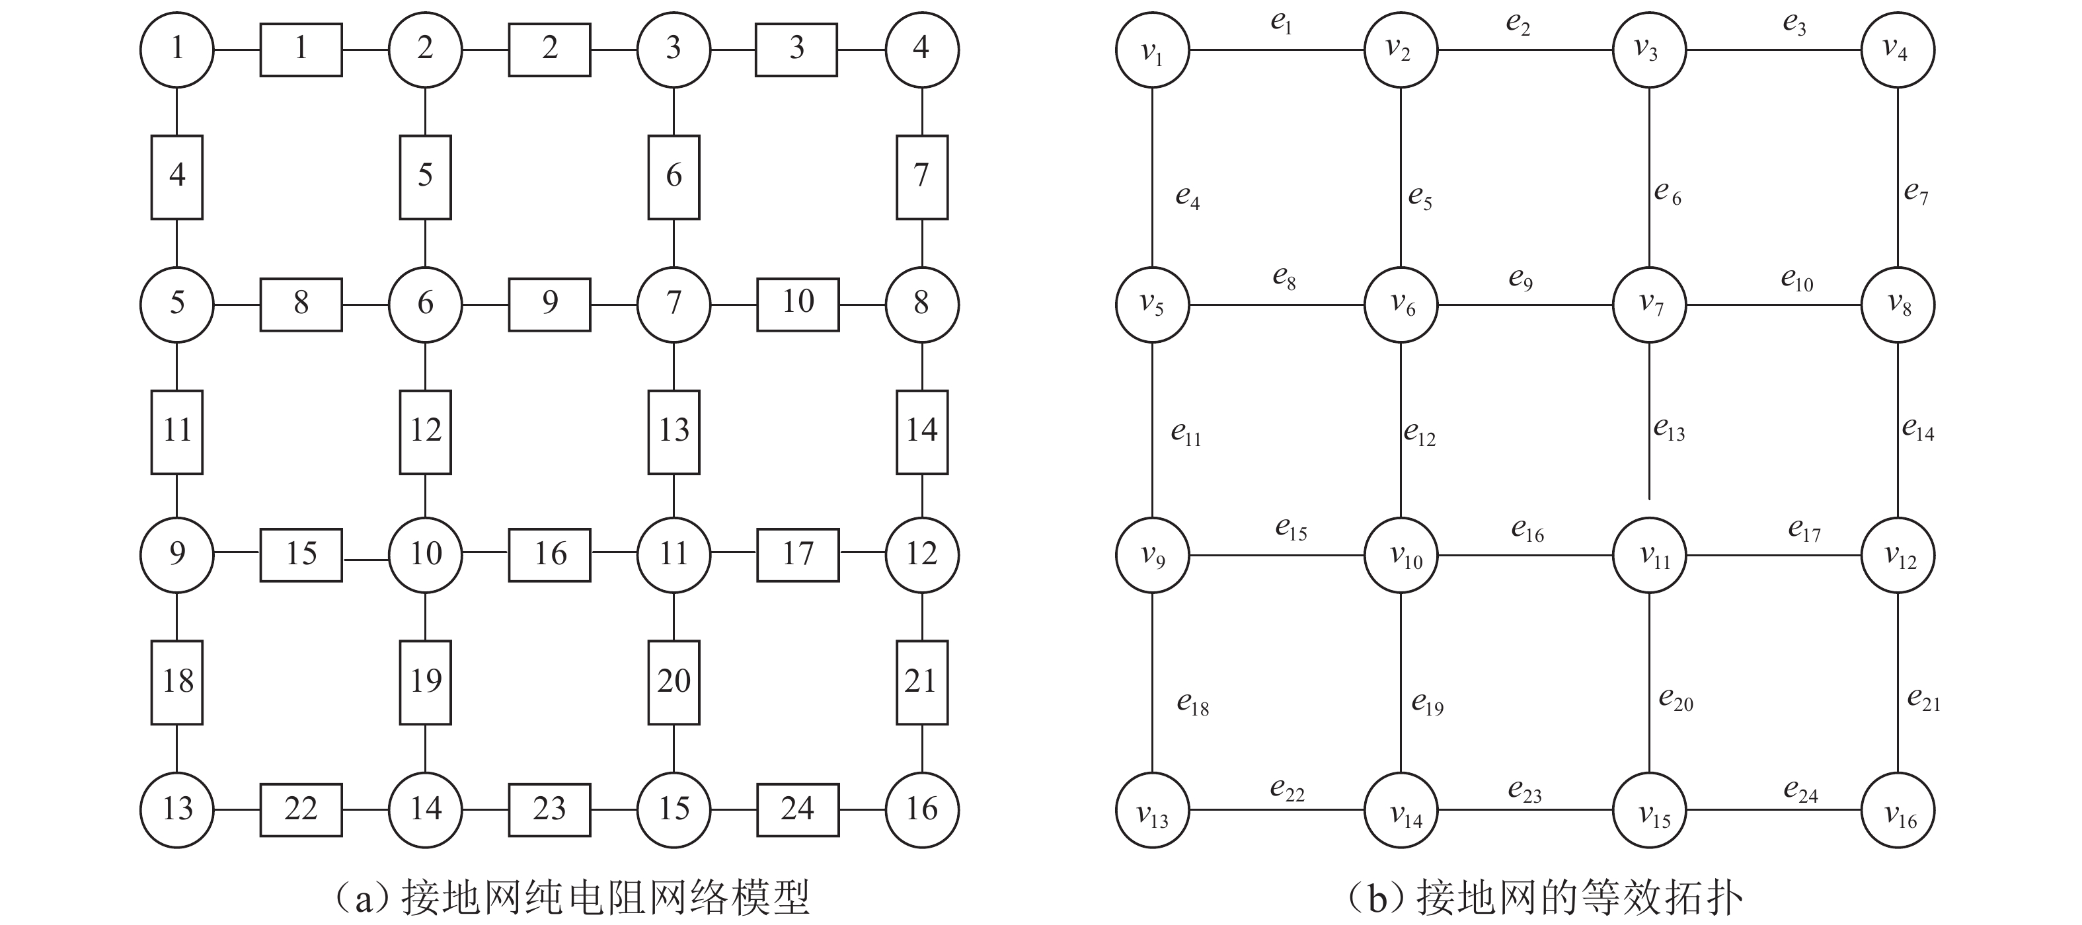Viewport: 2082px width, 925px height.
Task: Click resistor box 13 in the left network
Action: coord(674,431)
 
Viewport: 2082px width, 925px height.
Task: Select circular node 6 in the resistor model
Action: coord(425,305)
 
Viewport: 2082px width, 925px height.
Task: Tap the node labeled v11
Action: coord(1650,555)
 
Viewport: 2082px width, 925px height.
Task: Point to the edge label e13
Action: coord(1669,429)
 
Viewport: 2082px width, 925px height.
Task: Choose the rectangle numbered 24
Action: coord(797,809)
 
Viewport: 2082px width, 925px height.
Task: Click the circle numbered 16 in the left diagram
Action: coord(922,809)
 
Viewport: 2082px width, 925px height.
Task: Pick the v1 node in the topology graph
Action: coord(1153,50)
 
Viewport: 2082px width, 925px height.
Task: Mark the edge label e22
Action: coord(1288,790)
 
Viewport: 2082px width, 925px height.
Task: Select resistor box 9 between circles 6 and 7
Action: coord(550,305)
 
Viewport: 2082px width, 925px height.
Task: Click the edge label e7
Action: coord(1915,192)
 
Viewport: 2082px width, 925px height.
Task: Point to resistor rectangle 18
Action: coord(177,682)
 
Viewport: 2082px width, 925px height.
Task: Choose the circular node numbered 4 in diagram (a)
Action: coord(922,50)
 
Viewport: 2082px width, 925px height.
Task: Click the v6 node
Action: coord(1401,305)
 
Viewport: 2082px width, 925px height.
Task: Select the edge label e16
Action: coord(1527,530)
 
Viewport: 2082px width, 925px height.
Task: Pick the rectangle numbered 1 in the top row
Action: coord(301,50)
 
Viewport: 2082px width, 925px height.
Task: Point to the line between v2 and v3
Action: coord(1525,50)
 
